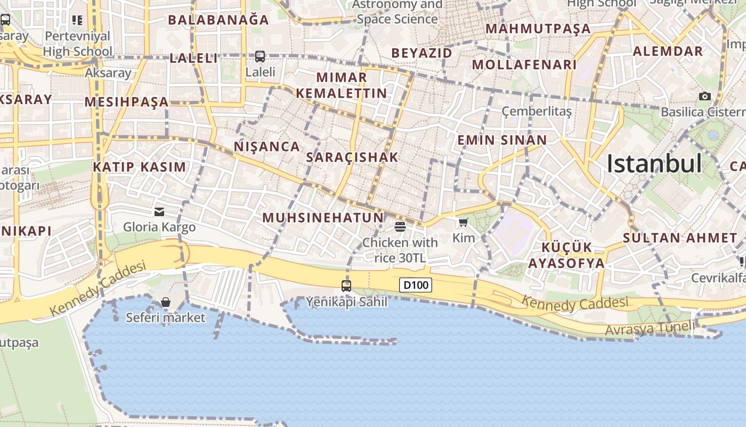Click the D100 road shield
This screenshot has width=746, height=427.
tap(416, 285)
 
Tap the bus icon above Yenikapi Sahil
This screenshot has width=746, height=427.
tap(346, 286)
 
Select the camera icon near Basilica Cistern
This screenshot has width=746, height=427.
tap(705, 96)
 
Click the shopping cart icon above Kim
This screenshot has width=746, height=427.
tap(463, 222)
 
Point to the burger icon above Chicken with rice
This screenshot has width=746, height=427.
tap(400, 227)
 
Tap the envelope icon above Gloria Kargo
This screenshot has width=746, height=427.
tap(159, 211)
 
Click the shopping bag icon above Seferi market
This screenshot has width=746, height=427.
tap(166, 302)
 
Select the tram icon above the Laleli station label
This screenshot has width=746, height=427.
tap(260, 56)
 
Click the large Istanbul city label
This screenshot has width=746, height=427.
tap(654, 163)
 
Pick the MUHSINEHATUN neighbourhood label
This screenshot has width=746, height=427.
tap(323, 217)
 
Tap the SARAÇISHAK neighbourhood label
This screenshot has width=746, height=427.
tap(352, 157)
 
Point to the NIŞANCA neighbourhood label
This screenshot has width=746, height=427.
tap(267, 146)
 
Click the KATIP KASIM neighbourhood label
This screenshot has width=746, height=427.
tap(140, 167)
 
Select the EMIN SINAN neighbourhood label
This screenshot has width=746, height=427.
tap(502, 140)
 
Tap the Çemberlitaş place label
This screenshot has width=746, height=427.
tap(537, 111)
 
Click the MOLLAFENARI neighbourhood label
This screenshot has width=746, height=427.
tap(524, 65)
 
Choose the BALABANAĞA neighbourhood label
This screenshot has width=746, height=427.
tap(218, 20)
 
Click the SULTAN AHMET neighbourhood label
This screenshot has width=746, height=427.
tap(680, 238)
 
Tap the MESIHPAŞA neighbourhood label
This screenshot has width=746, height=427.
tap(126, 101)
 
